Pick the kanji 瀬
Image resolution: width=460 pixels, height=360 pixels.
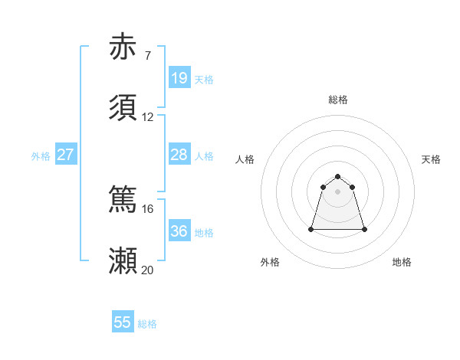[123, 260]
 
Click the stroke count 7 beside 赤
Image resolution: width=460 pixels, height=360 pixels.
[148, 56]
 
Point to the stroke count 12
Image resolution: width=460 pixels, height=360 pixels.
[148, 117]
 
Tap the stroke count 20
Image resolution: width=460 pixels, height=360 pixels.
[148, 270]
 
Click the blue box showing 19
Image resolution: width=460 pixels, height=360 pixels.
[179, 78]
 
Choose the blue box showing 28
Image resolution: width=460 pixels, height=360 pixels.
[179, 155]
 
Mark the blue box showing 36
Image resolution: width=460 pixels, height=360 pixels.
[179, 231]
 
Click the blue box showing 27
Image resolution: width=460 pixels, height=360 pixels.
[65, 155]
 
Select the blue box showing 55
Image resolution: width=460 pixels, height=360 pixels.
[123, 322]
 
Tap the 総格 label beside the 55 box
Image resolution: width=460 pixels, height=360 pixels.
[147, 324]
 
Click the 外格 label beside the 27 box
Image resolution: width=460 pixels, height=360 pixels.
[41, 156]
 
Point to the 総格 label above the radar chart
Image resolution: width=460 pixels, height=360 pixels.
[338, 100]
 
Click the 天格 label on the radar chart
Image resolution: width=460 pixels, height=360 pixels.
[431, 159]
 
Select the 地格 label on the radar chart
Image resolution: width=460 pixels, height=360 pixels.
[402, 262]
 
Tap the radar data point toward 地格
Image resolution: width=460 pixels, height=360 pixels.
[364, 229]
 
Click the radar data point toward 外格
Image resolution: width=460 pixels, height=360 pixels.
[311, 229]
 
